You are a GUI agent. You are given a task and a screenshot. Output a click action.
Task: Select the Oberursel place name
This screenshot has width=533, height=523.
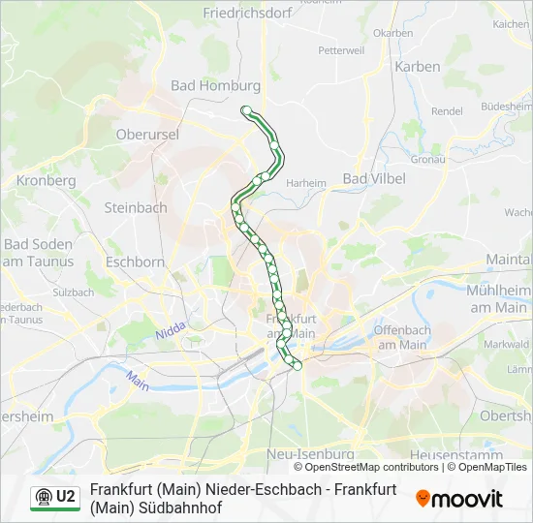(x=147, y=135)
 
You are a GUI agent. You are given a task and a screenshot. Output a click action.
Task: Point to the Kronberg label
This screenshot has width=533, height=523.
(x=47, y=180)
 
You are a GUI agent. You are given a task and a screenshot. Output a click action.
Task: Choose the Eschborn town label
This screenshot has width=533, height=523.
(x=135, y=261)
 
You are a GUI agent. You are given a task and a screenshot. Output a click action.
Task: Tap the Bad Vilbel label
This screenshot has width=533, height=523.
(x=374, y=178)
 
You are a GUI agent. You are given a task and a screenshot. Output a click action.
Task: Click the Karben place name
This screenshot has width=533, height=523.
(x=418, y=67)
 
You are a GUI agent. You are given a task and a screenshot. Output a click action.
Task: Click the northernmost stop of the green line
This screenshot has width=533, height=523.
(x=247, y=110)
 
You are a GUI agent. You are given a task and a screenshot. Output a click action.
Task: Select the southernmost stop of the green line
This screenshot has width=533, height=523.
(x=298, y=365)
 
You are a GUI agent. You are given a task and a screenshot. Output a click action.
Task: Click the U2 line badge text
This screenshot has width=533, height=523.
(x=66, y=497)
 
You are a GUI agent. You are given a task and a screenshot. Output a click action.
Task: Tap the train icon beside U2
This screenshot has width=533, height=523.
(x=43, y=497)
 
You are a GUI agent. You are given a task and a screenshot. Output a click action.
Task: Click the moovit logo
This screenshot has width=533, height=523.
(x=459, y=499)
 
